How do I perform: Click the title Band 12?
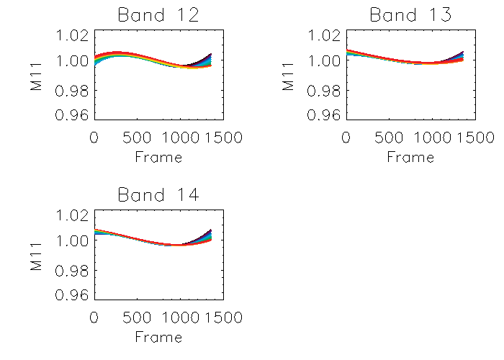(158, 14)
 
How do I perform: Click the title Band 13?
(410, 14)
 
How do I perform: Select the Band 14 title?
(158, 194)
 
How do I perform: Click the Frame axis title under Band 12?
(158, 156)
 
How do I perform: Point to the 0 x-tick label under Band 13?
(346, 138)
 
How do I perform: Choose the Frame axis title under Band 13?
(410, 156)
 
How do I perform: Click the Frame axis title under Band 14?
(158, 336)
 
